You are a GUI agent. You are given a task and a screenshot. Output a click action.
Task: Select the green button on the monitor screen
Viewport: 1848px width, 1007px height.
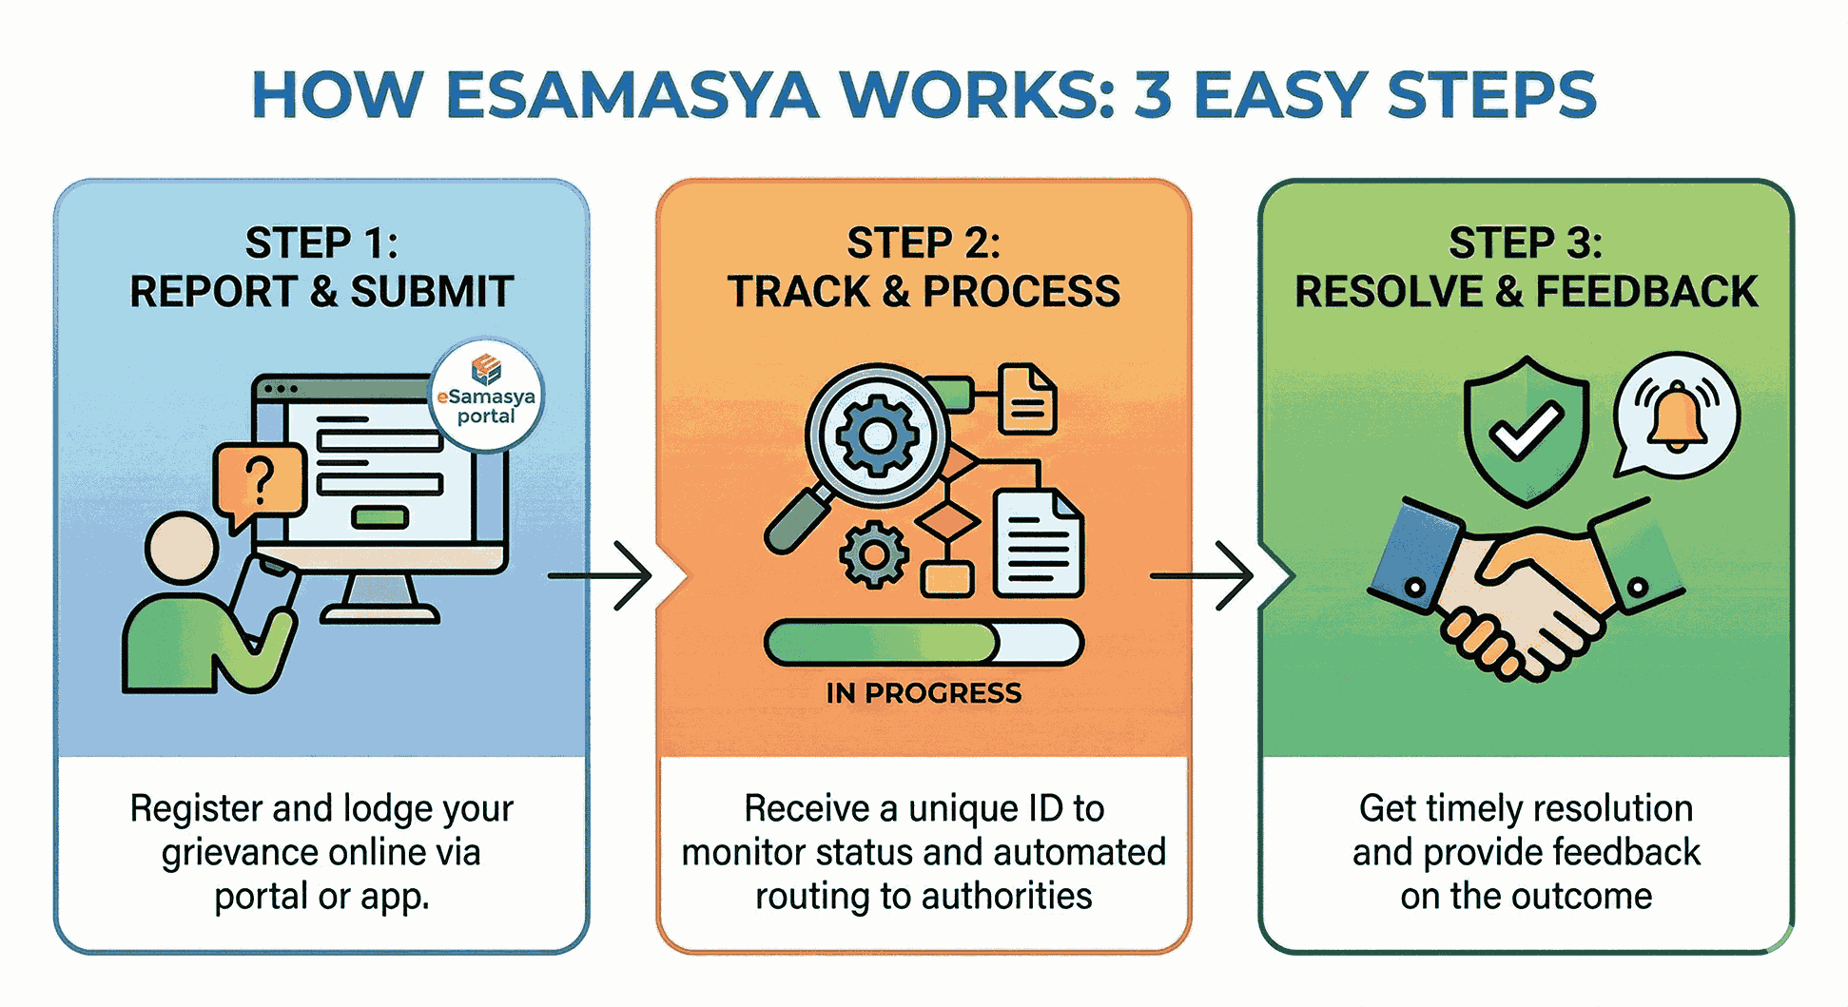[x=379, y=517]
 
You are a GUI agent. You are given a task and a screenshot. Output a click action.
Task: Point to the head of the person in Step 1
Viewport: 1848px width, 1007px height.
[x=181, y=548]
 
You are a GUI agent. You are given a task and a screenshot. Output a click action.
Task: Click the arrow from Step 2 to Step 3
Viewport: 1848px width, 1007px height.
[x=1204, y=575]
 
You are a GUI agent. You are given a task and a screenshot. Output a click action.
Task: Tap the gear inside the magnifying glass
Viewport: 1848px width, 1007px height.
[x=876, y=436]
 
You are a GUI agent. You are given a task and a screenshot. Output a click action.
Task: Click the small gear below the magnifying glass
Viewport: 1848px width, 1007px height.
[x=873, y=554]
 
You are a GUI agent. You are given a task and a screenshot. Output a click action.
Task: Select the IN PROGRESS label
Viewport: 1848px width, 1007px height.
[x=924, y=693]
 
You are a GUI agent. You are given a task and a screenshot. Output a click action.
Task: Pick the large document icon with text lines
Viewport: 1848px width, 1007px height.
[x=1038, y=544]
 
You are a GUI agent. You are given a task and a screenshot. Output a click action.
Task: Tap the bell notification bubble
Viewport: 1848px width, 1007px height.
[x=1676, y=416]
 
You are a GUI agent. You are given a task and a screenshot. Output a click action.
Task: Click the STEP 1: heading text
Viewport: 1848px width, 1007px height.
[x=321, y=243]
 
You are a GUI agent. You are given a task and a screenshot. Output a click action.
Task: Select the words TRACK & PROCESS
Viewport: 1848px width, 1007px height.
[x=924, y=292]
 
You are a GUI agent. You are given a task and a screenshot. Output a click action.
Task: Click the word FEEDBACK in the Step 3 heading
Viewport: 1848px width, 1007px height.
[x=1646, y=292]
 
